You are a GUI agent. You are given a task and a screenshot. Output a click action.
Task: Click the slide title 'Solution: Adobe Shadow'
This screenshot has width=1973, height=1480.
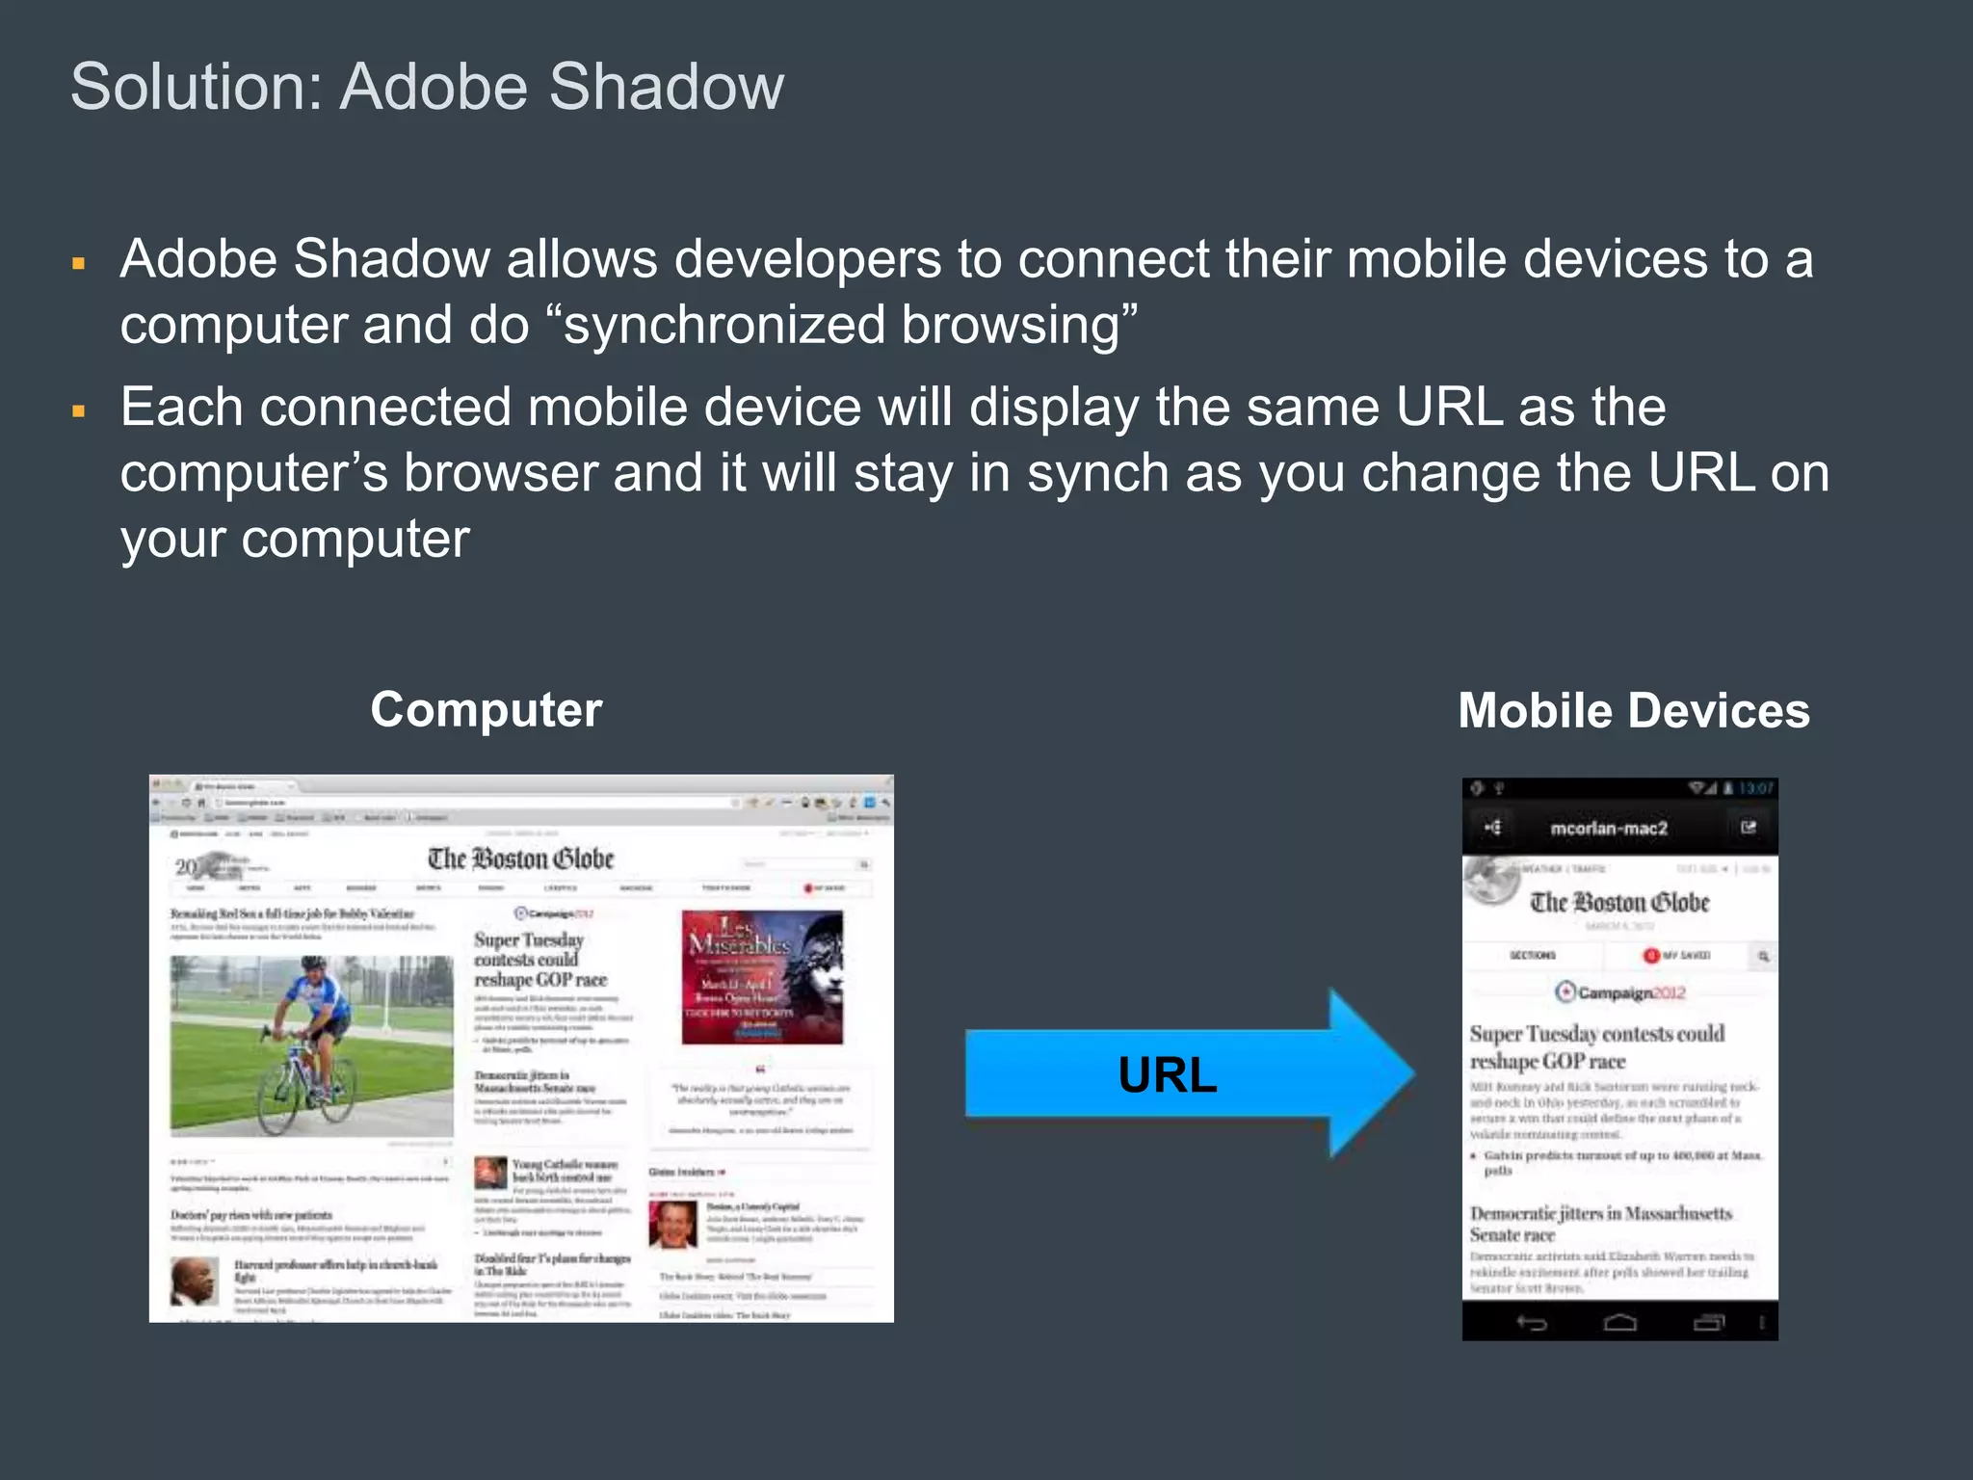[427, 87]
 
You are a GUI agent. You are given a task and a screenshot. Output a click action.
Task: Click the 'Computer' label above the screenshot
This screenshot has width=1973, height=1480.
[486, 710]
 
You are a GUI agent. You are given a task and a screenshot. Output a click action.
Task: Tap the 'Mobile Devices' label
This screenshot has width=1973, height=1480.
[1633, 711]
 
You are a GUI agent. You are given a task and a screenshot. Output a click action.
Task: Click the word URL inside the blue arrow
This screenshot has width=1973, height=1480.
[1167, 1074]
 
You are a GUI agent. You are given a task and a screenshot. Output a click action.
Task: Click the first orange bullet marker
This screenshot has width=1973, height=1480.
[79, 263]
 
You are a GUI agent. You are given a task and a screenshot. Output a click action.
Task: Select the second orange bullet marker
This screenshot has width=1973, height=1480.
[79, 411]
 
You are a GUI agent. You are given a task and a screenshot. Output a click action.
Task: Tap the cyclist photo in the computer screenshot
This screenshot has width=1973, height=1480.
[311, 1045]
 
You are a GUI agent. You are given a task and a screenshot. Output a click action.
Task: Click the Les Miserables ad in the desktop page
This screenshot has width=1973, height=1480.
[762, 977]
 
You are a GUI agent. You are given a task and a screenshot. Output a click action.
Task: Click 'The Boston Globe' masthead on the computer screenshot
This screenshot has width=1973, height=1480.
[520, 859]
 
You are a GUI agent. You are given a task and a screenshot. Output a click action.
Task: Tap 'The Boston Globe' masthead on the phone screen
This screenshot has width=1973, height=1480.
[1619, 903]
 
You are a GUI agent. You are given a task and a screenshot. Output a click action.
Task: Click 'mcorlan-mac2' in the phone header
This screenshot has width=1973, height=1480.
[1608, 829]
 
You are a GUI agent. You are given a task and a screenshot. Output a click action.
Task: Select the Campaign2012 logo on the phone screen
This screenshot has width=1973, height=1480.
[1619, 992]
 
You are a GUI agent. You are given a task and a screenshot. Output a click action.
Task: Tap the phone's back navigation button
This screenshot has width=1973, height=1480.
[1532, 1323]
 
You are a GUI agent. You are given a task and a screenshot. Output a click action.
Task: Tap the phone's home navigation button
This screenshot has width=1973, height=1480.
[1619, 1323]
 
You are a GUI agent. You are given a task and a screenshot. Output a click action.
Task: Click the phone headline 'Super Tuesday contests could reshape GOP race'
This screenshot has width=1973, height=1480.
[1596, 1047]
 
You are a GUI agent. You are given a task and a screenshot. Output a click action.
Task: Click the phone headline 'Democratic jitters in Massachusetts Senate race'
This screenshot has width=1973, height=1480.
[1600, 1224]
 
